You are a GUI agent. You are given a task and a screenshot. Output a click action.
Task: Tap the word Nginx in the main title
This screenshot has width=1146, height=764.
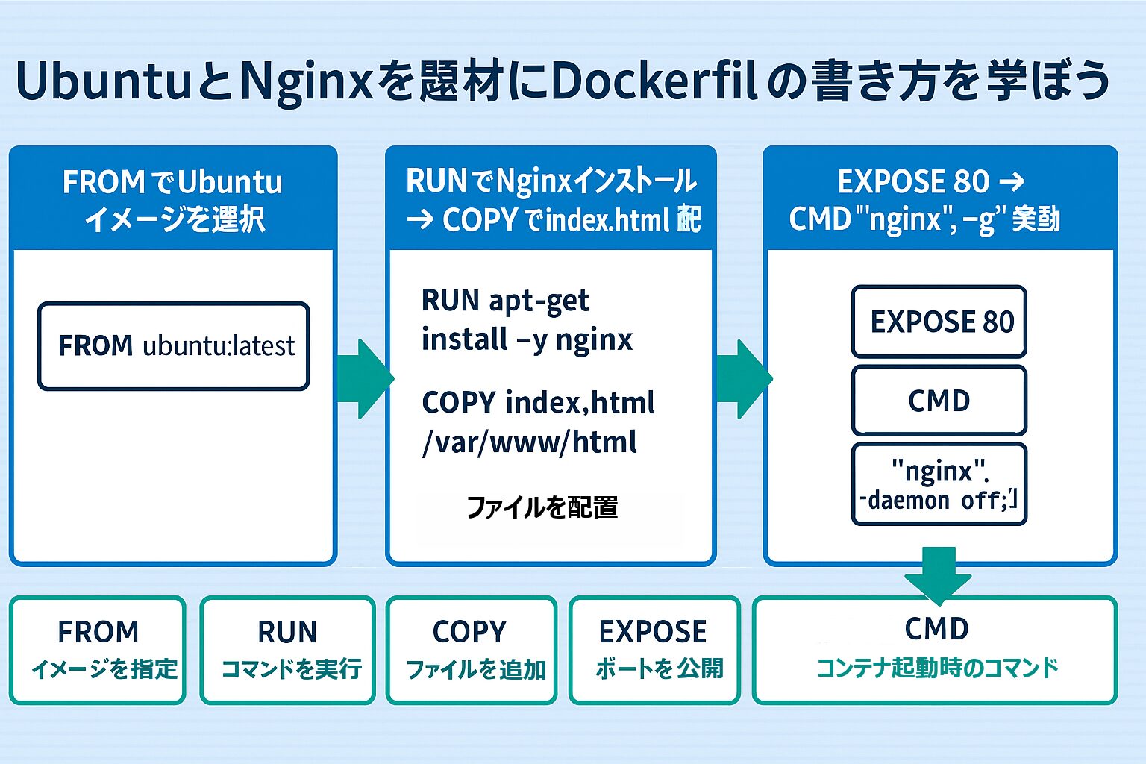click(x=306, y=81)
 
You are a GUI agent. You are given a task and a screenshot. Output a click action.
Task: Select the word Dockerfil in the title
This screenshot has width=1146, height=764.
click(x=655, y=81)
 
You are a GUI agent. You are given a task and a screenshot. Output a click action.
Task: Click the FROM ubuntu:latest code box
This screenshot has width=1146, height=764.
click(x=173, y=346)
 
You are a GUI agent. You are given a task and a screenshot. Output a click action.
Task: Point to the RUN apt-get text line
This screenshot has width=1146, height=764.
click(x=505, y=301)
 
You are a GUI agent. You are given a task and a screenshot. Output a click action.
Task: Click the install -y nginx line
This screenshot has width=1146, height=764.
click(x=527, y=339)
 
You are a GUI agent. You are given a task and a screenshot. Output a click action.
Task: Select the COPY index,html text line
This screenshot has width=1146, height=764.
click(x=538, y=403)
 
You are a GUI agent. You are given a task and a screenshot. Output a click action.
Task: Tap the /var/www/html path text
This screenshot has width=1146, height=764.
click(x=530, y=442)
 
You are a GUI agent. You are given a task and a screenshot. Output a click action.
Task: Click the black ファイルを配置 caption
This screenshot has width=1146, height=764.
click(x=542, y=507)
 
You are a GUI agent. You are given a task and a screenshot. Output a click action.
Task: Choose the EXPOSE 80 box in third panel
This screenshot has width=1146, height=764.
click(x=939, y=322)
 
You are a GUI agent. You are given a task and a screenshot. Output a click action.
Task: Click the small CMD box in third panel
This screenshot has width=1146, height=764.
click(x=939, y=401)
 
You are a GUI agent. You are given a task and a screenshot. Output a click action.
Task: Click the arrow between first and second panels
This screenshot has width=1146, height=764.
click(x=364, y=378)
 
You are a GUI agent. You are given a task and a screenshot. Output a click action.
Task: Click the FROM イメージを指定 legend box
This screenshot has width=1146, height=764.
click(x=98, y=650)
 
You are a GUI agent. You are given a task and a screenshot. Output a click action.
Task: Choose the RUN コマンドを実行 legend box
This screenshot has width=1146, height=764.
click(x=288, y=650)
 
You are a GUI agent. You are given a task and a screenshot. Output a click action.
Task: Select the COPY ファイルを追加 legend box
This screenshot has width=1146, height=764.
click(x=472, y=650)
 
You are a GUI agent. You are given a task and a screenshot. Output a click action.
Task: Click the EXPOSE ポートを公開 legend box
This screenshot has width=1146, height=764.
click(x=654, y=650)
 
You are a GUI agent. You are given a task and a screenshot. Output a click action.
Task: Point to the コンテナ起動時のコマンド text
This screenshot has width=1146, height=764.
click(x=937, y=667)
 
